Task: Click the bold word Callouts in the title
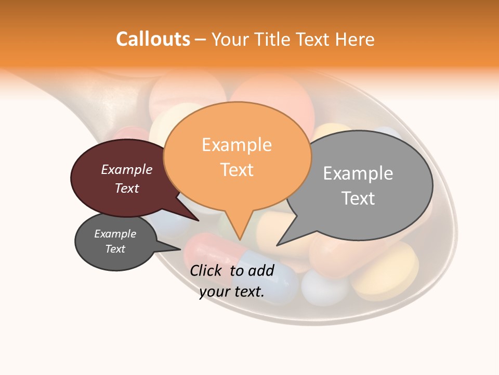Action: click(153, 40)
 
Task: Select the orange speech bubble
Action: click(237, 156)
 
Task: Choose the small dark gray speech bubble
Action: click(115, 242)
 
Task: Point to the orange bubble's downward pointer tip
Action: click(240, 239)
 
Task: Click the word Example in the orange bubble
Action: click(237, 145)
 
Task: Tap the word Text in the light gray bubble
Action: click(358, 198)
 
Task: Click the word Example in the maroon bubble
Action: click(127, 170)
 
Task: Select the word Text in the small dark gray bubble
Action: click(115, 249)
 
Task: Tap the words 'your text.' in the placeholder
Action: click(232, 292)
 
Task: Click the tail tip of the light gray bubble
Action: click(278, 244)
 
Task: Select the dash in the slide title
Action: click(201, 40)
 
